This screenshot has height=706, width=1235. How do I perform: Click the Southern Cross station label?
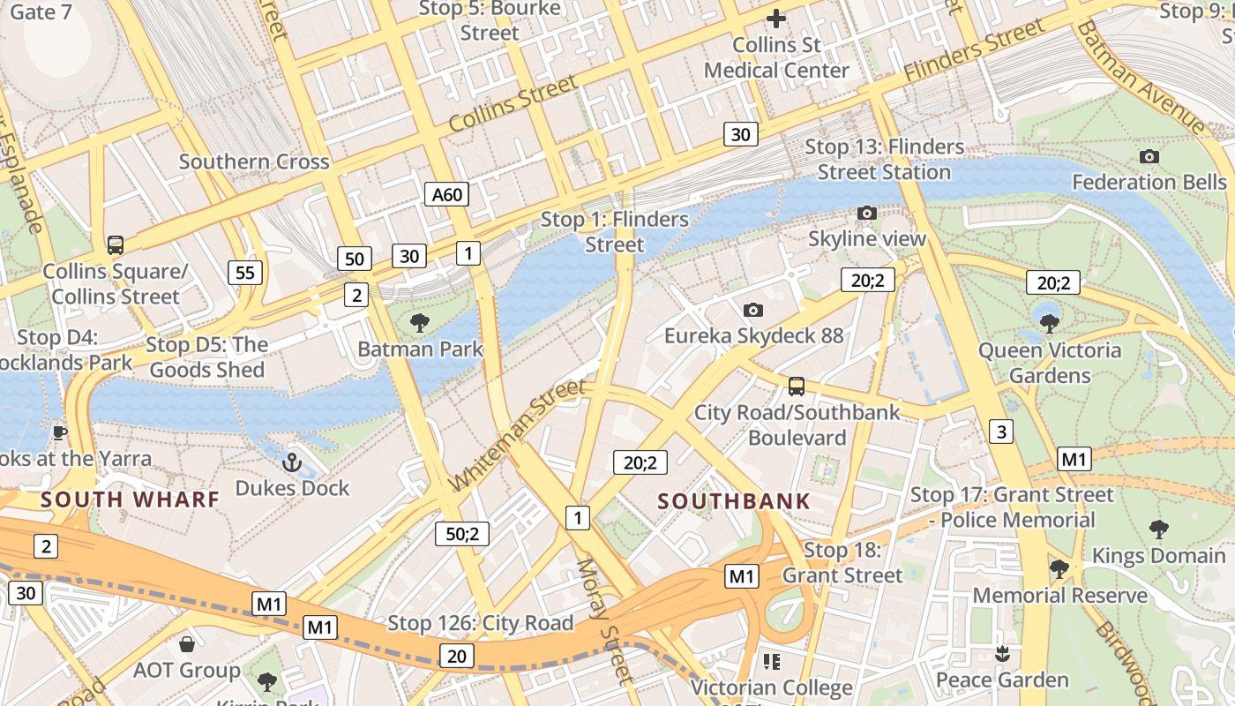tap(254, 161)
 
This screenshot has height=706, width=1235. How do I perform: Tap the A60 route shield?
tap(446, 194)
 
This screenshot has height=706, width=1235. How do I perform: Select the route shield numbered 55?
tap(245, 273)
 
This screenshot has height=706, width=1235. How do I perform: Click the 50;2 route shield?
tap(462, 533)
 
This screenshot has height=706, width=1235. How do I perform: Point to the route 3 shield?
tap(1000, 432)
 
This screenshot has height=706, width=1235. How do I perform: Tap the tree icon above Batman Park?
tap(420, 322)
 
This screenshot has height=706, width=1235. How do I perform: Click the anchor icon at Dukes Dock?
tap(291, 462)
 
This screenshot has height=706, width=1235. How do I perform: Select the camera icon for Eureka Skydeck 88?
tap(752, 310)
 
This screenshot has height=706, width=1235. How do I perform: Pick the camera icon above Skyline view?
tap(867, 213)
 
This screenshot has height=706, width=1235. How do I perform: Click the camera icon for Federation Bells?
tap(1149, 156)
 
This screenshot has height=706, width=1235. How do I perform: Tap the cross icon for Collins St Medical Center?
tap(776, 18)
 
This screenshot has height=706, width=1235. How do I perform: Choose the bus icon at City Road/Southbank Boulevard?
tap(796, 386)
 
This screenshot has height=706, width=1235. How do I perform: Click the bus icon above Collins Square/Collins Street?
tap(115, 244)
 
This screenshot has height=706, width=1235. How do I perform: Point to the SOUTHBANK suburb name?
tap(734, 501)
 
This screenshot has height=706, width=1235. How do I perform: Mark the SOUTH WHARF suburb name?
tap(130, 499)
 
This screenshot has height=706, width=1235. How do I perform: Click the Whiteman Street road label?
tap(518, 435)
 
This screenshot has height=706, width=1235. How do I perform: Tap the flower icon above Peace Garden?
tap(1001, 653)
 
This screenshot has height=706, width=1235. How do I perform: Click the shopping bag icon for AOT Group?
tap(186, 644)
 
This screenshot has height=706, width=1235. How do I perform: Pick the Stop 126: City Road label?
tap(481, 623)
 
